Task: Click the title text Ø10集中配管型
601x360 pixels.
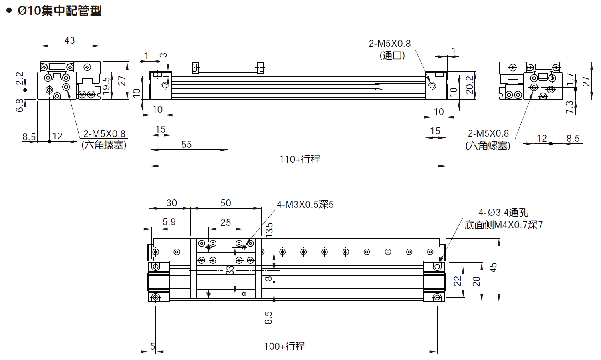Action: [x=60, y=10]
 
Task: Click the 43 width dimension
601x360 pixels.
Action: [x=69, y=40]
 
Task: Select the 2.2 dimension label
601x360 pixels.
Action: [x=20, y=78]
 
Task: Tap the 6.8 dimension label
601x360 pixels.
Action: [x=20, y=106]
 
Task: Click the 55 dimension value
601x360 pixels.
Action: [x=186, y=145]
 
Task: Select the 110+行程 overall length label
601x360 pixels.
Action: [x=300, y=159]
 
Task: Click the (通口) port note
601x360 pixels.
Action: [x=392, y=56]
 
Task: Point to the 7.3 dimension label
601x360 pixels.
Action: [x=569, y=107]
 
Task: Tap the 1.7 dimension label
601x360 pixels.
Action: [x=570, y=78]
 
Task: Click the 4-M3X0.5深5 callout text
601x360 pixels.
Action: [x=305, y=205]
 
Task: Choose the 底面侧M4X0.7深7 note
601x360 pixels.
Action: [x=503, y=225]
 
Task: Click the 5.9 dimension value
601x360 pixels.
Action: [x=169, y=222]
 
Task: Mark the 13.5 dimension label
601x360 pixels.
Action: [x=270, y=230]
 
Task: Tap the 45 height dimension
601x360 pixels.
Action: [x=493, y=267]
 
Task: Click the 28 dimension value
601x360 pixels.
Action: [x=476, y=281]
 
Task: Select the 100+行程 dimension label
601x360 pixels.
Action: [x=284, y=346]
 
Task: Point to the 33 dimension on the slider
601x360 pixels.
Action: [x=230, y=270]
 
